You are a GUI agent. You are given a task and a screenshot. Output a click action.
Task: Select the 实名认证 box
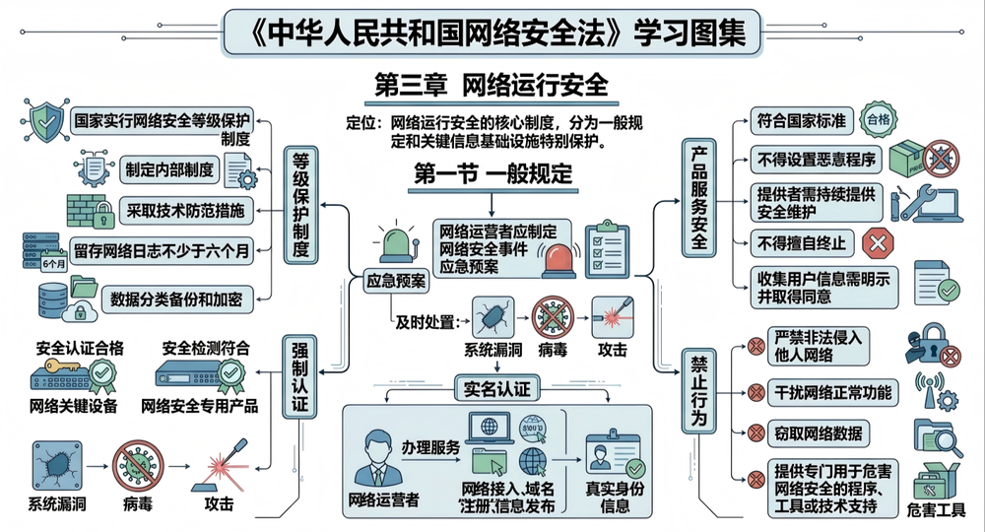(497, 388)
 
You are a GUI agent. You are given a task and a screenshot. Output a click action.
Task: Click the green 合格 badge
(876, 120)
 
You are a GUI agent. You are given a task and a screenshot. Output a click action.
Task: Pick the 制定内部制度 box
(167, 169)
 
